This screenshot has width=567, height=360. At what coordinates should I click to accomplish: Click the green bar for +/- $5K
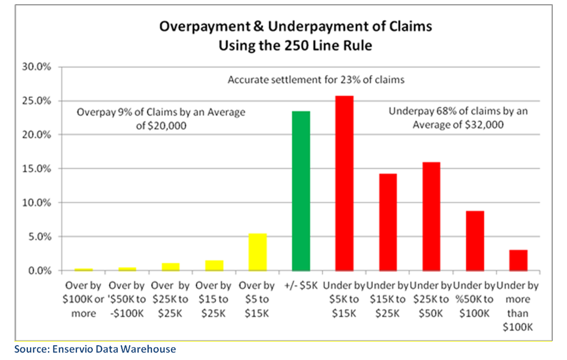(x=301, y=191)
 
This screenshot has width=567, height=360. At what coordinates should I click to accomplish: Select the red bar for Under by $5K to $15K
(x=344, y=183)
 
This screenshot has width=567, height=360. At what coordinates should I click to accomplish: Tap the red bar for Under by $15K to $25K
(x=388, y=222)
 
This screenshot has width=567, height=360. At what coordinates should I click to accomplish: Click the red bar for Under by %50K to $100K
(x=475, y=241)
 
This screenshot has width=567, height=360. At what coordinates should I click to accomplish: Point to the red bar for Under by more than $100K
(x=518, y=260)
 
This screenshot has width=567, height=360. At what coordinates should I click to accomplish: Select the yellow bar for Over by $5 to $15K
(x=257, y=252)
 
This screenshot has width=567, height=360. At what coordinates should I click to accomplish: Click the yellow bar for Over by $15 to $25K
(x=214, y=265)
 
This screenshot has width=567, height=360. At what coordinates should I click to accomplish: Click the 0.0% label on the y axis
(x=41, y=271)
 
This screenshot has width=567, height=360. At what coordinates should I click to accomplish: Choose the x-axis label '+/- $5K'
(x=301, y=287)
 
